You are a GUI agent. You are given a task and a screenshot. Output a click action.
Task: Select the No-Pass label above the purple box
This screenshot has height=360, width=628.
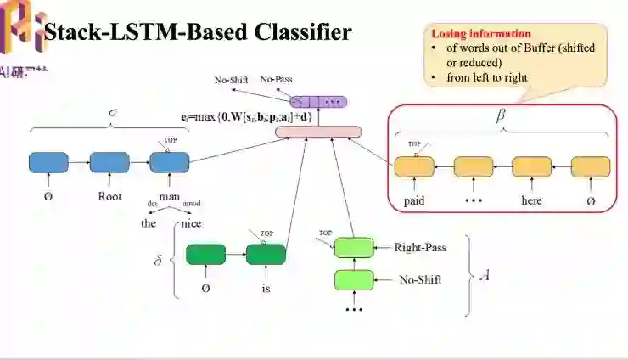pyautogui.click(x=276, y=79)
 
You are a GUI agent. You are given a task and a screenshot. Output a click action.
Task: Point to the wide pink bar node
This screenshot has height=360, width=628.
pyautogui.click(x=318, y=132)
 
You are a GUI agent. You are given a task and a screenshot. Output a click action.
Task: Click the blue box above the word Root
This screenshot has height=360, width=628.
pyautogui.click(x=108, y=162)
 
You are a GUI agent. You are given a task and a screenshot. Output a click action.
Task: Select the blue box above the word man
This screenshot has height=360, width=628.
pyautogui.click(x=168, y=162)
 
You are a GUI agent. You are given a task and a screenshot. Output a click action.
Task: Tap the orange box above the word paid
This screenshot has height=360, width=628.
pyautogui.click(x=414, y=166)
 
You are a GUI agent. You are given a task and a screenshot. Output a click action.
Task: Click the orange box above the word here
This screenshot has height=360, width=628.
pyautogui.click(x=531, y=166)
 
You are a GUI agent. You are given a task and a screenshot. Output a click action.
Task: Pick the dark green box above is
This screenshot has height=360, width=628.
pyautogui.click(x=266, y=254)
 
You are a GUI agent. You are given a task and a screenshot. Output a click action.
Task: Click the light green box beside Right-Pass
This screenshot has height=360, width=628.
pyautogui.click(x=354, y=248)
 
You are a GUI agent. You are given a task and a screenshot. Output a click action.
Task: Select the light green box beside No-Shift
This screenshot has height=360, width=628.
pyautogui.click(x=354, y=279)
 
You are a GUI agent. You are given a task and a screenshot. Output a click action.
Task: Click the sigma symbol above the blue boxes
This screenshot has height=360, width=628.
pyautogui.click(x=113, y=112)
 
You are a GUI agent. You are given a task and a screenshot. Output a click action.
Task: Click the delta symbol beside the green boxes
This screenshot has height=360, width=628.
pyautogui.click(x=158, y=261)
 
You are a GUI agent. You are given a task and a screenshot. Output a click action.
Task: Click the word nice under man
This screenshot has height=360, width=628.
pyautogui.click(x=192, y=223)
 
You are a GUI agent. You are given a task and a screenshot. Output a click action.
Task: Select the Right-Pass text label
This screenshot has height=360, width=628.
pyautogui.click(x=420, y=248)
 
